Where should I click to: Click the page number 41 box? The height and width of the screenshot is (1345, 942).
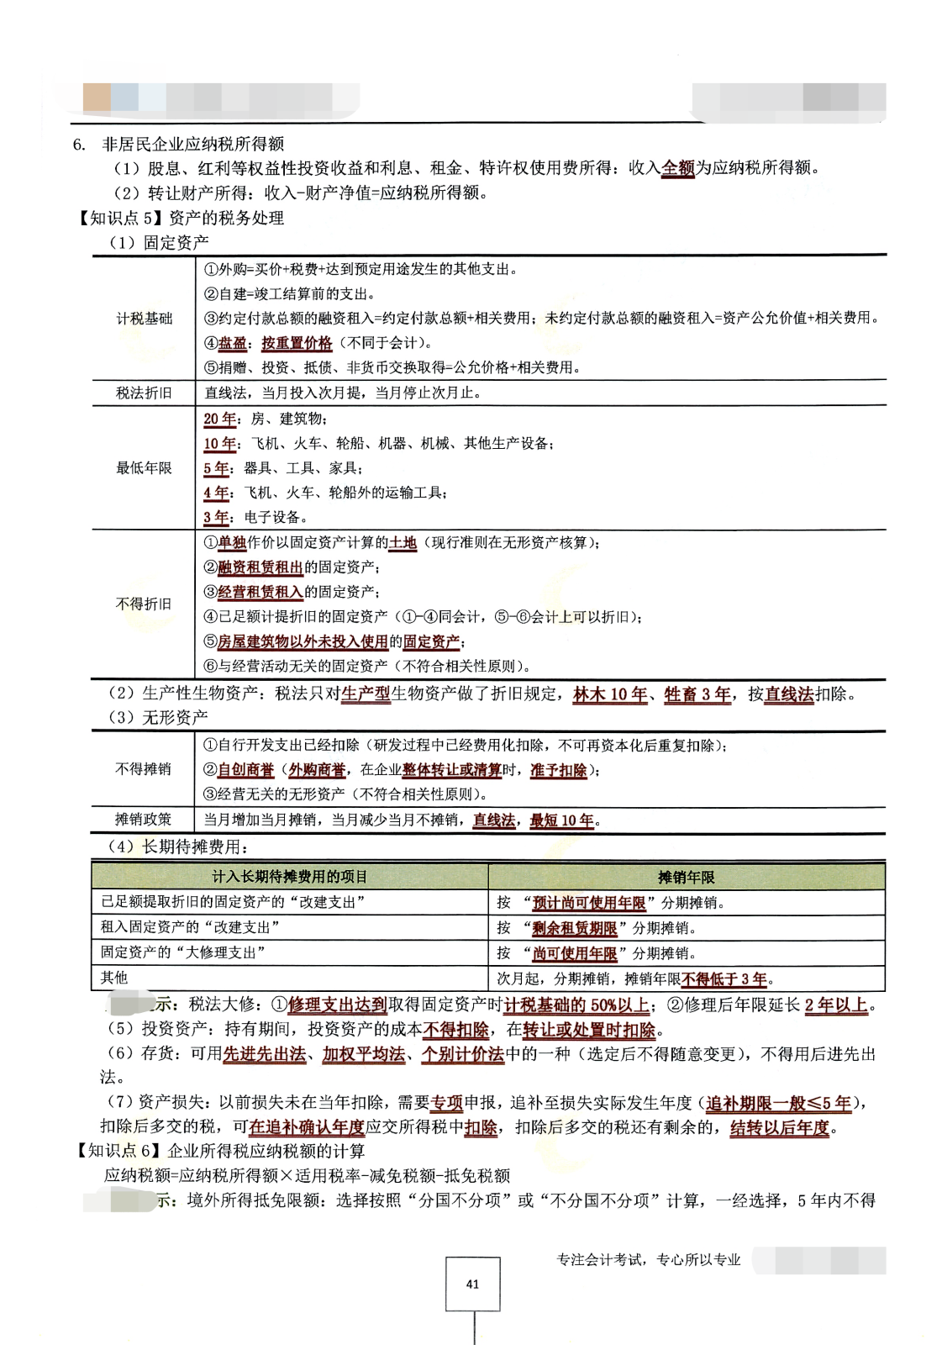[472, 1284]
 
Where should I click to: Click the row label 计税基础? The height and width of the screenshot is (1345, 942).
[144, 319]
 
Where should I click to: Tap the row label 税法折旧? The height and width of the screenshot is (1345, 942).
[144, 393]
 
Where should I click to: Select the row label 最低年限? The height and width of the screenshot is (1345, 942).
[144, 468]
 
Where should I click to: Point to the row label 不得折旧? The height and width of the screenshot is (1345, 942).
[144, 604]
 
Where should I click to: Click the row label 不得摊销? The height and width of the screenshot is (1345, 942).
[144, 769]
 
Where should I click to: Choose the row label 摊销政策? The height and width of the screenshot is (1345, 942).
[144, 820]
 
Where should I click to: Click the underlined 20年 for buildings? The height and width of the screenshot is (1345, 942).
[220, 419]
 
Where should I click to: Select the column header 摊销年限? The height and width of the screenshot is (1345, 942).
[686, 877]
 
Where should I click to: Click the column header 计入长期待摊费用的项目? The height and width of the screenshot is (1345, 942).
[290, 877]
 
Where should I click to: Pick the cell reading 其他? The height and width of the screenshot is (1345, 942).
[114, 978]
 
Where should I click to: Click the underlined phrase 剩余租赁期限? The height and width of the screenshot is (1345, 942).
[575, 928]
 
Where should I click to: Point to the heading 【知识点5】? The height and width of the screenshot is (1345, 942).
[118, 218]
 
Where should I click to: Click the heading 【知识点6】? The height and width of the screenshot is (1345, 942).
[118, 1151]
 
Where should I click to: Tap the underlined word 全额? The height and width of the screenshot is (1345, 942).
[678, 168]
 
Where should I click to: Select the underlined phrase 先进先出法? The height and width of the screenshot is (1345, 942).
[264, 1054]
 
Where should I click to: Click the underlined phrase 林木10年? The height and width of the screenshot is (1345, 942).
[610, 694]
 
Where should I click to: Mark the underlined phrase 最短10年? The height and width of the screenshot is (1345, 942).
[561, 820]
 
